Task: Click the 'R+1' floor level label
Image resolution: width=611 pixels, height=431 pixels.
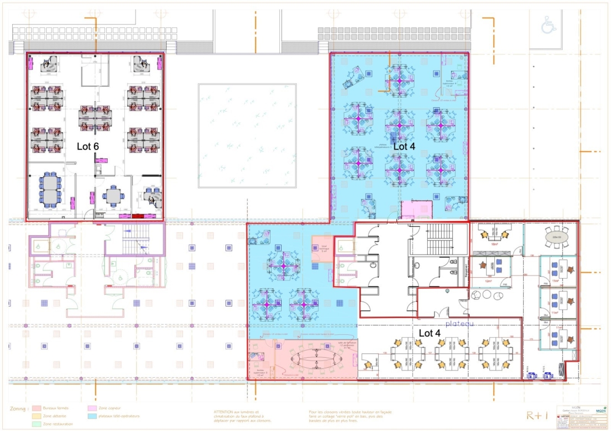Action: [x=538, y=415]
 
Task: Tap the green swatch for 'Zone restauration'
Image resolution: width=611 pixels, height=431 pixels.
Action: [x=37, y=424]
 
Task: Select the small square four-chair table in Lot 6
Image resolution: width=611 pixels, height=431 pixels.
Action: [x=113, y=196]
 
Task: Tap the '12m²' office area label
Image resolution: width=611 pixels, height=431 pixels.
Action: [x=488, y=281]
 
